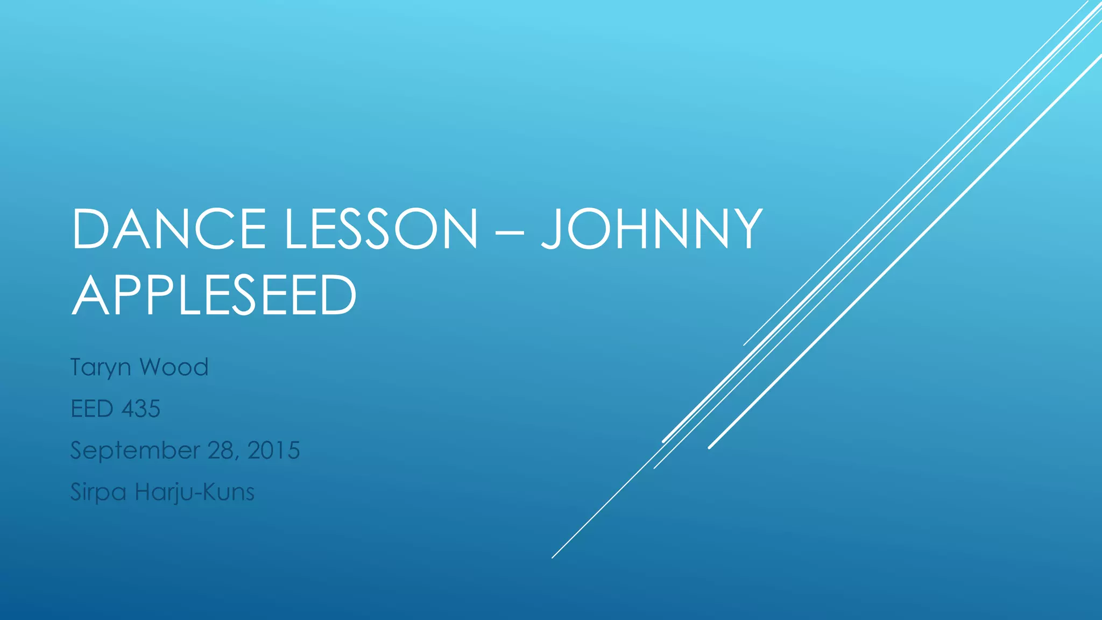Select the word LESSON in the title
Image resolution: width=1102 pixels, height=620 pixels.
tap(381, 229)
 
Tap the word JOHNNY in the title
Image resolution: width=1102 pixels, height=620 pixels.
tap(652, 229)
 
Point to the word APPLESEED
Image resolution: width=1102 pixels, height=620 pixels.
tap(214, 295)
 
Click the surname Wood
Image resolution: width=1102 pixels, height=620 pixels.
tap(174, 367)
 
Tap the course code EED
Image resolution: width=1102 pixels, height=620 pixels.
tap(92, 409)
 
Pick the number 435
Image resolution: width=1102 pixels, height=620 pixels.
tap(141, 409)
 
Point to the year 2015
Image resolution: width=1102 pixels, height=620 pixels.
tap(273, 450)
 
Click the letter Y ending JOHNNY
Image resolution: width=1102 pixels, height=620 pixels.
tap(744, 229)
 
